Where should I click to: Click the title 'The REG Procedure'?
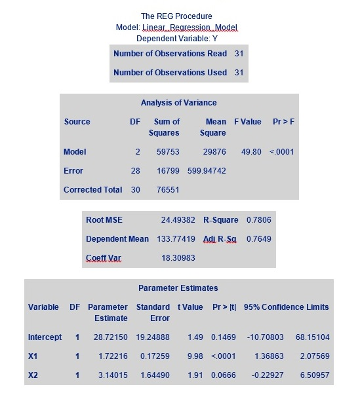click(176, 16)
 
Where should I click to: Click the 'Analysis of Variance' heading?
click(178, 103)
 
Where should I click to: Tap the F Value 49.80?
click(251, 152)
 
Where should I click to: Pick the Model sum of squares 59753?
click(167, 152)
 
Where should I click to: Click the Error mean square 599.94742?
click(207, 171)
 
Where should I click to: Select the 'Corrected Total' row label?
click(92, 190)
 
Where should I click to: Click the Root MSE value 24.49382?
click(179, 220)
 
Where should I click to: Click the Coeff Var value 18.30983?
click(179, 258)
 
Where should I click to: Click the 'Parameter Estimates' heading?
click(178, 288)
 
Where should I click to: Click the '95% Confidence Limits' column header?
click(286, 307)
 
